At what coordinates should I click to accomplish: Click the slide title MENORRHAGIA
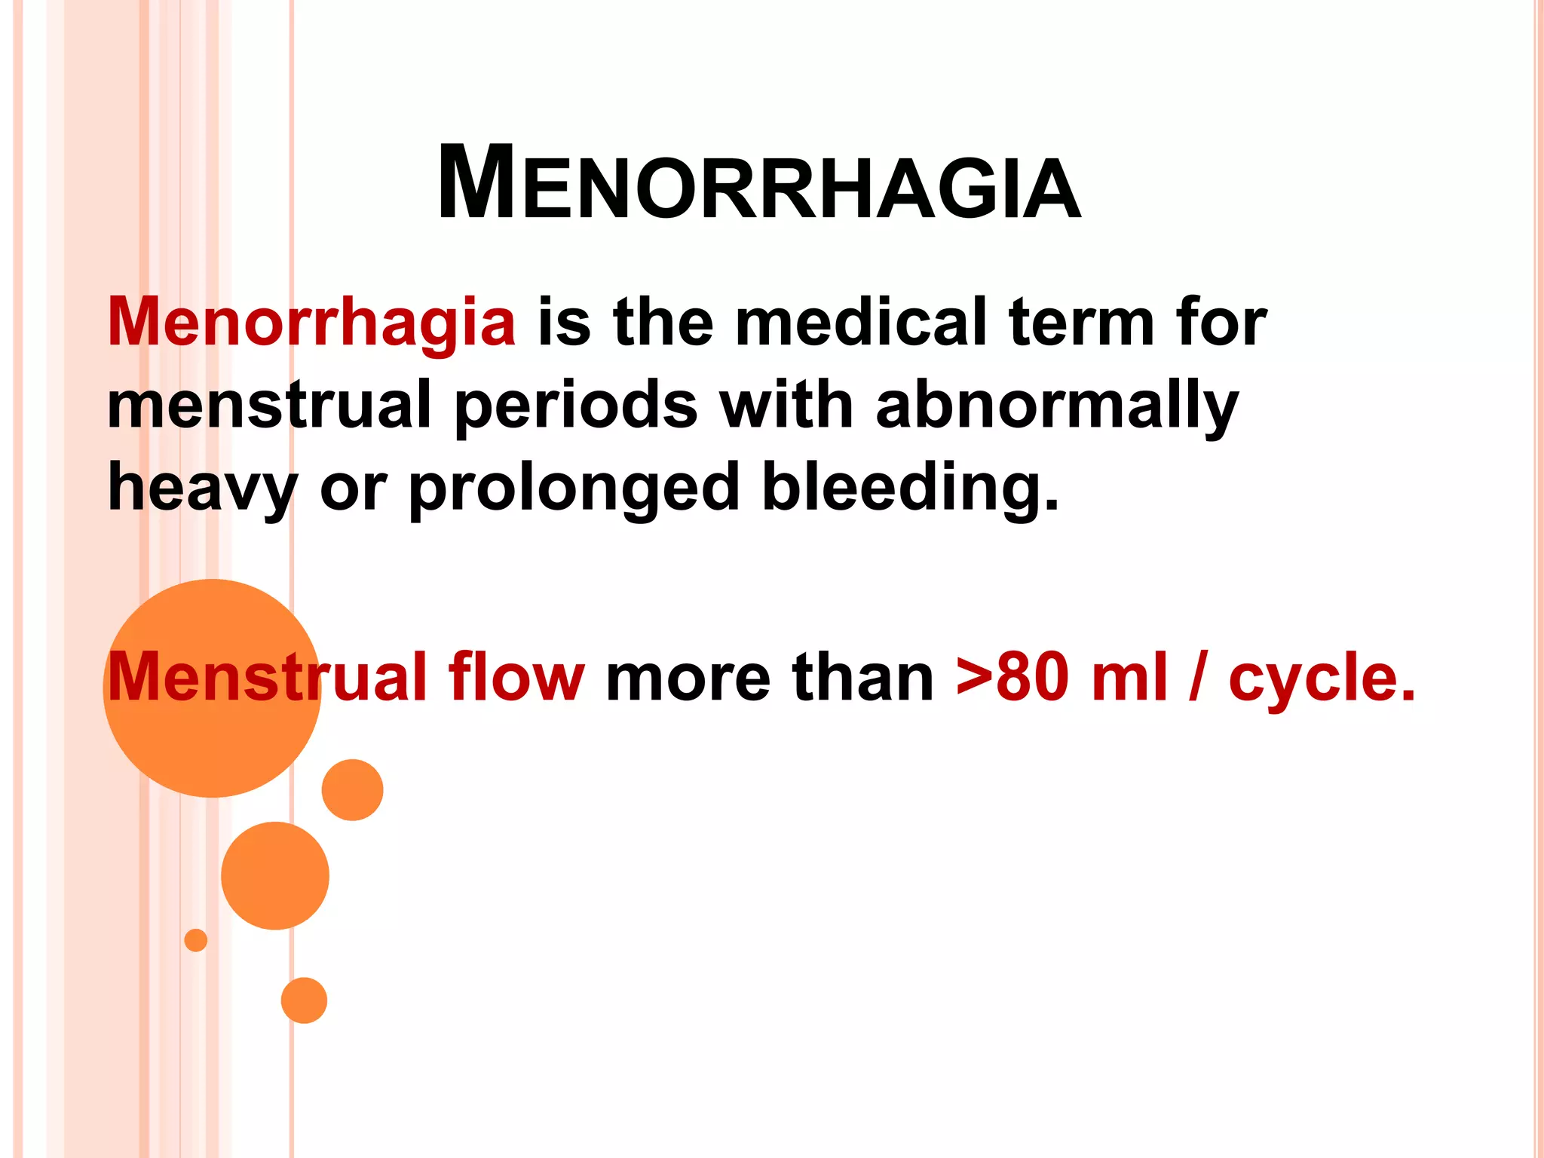759,184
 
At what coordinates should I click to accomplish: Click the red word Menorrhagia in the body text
311,323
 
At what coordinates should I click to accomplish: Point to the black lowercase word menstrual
269,405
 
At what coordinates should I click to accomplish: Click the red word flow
516,677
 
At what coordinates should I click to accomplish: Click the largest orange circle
212,688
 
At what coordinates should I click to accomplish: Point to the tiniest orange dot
196,940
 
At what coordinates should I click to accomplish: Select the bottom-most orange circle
304,1000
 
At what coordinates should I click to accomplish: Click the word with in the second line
786,405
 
